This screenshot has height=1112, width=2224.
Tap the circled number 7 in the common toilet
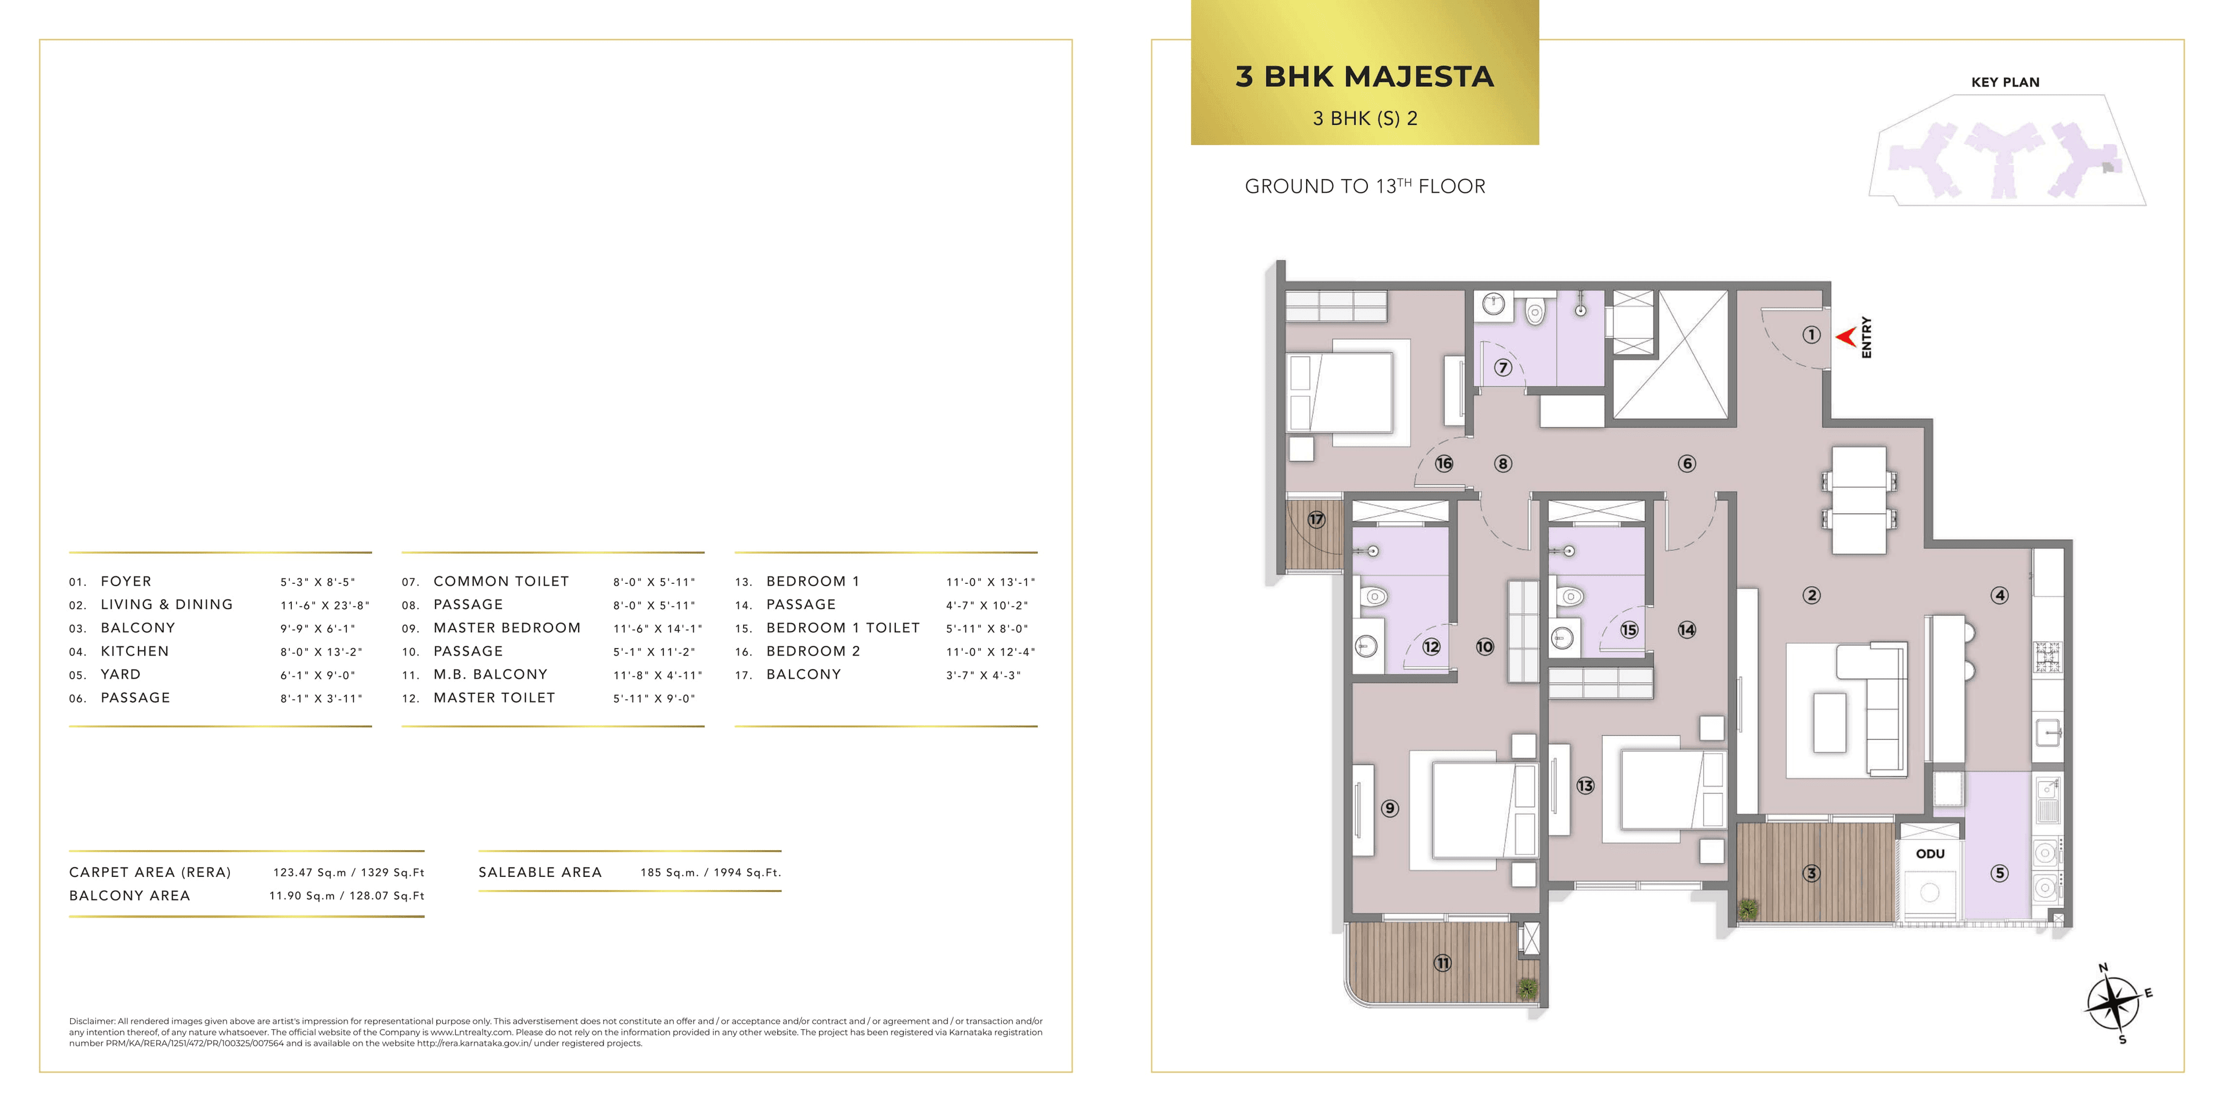(1503, 368)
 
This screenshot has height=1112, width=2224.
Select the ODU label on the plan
(1930, 854)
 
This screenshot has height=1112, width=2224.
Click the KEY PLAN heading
(2004, 82)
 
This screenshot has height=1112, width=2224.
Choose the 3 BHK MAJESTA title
(1364, 77)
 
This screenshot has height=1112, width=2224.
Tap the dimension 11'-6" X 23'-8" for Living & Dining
(324, 605)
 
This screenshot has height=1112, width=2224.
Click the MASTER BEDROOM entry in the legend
(507, 628)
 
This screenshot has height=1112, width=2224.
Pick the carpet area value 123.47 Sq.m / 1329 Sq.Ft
(349, 873)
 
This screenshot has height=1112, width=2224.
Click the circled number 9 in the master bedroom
(1389, 808)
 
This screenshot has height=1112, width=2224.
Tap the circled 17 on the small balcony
(1316, 520)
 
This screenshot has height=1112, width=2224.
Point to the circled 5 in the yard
(1999, 873)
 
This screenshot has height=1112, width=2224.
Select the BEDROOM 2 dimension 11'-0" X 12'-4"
(990, 652)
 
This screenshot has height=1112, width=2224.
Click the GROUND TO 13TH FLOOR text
(1364, 186)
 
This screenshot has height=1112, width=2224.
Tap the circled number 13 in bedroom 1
(1585, 786)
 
